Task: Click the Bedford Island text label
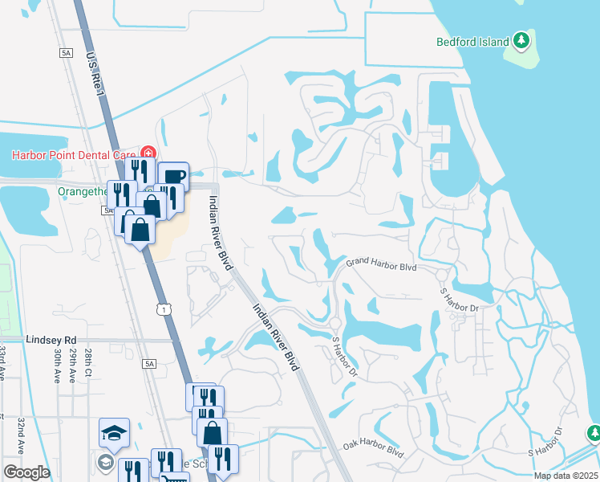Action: pyautogui.click(x=473, y=42)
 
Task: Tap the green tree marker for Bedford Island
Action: pyautogui.click(x=521, y=39)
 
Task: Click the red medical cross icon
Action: pyautogui.click(x=148, y=153)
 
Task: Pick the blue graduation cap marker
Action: pyautogui.click(x=115, y=432)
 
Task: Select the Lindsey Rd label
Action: pyautogui.click(x=50, y=340)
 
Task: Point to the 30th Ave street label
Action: pyautogui.click(x=58, y=365)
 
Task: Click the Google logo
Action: pyautogui.click(x=26, y=472)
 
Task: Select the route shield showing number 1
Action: pyautogui.click(x=163, y=309)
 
